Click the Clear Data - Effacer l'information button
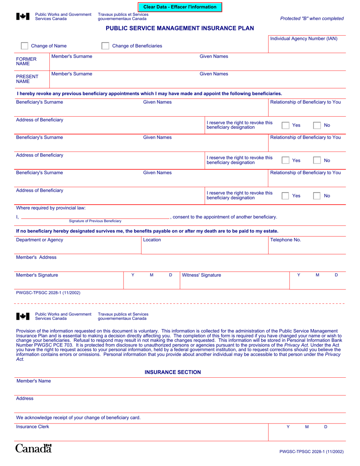180,7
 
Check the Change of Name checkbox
24,46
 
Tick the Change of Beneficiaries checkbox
106,46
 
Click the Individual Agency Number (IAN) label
304,39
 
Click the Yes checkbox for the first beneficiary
285,125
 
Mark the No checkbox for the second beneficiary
317,161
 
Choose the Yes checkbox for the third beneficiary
285,196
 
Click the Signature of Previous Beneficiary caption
95,221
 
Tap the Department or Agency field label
39,240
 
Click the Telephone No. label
285,240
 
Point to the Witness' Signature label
202,275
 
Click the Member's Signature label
37,275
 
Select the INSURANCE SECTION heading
173,372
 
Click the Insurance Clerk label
33,427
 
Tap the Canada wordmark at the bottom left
33,449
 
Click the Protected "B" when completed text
312,19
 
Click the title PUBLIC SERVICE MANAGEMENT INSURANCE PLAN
180,28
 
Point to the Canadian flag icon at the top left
23,16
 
